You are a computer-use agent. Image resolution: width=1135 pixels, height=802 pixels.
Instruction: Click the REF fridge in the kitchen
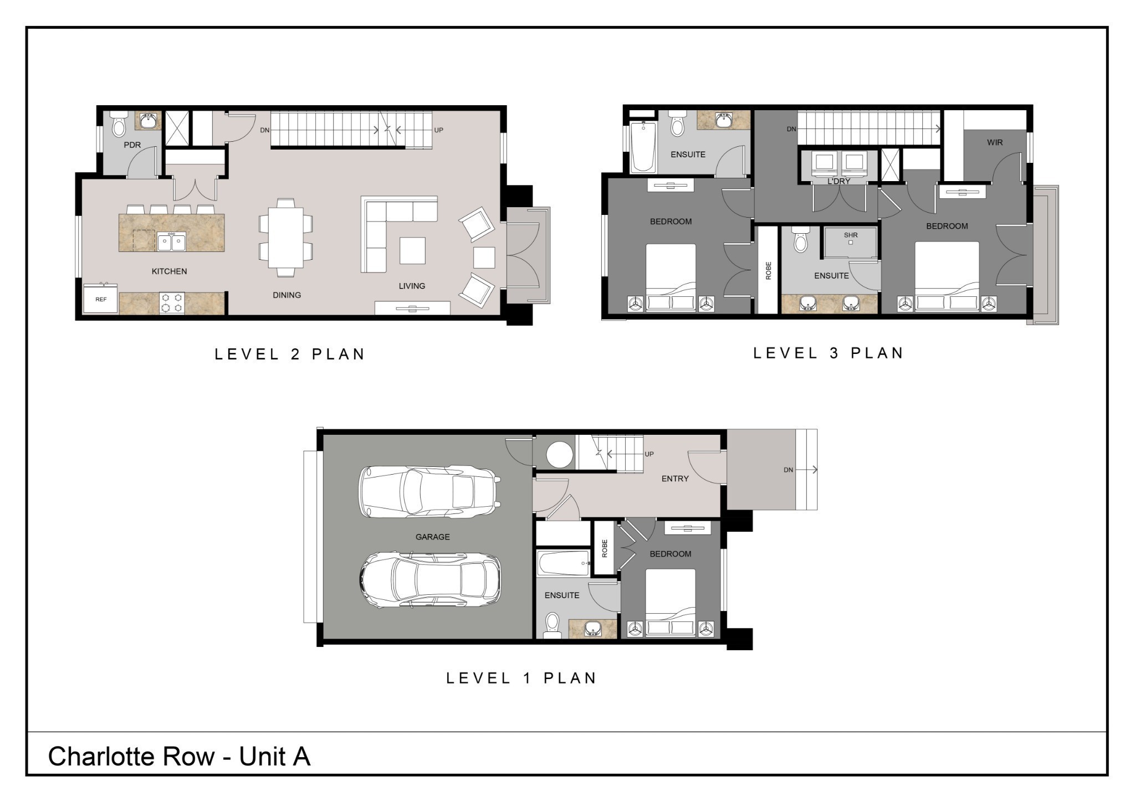pos(100,299)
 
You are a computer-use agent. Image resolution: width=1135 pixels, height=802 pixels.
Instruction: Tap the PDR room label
pos(132,145)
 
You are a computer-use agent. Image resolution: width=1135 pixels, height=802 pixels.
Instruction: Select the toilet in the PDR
pos(119,126)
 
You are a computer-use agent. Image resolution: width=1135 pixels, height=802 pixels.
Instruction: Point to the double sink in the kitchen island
pos(171,242)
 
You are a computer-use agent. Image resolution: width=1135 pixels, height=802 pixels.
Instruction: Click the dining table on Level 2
pos(285,238)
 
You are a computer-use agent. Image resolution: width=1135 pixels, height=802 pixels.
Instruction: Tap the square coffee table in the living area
pos(412,250)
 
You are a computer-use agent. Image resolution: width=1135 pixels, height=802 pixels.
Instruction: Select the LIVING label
pos(412,286)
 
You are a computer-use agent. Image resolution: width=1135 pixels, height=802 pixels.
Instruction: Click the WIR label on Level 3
pos(995,142)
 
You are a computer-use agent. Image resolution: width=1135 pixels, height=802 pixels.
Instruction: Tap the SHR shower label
pos(851,235)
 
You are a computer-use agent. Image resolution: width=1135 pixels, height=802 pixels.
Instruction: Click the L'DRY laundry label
pos(839,181)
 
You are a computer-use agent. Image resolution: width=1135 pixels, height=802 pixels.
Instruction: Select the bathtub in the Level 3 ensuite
pos(643,147)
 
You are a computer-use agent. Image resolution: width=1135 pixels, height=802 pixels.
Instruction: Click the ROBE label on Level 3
pos(768,270)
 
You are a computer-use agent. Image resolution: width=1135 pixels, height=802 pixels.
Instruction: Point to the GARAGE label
pos(432,537)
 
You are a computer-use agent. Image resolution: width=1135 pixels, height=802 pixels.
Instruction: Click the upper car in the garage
pos(430,491)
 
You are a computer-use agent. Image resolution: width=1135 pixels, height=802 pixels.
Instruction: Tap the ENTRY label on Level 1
pos(674,479)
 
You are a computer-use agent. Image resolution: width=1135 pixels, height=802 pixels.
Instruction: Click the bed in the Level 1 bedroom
pos(670,601)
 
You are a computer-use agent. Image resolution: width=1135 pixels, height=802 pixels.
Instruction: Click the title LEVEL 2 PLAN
pos(290,354)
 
